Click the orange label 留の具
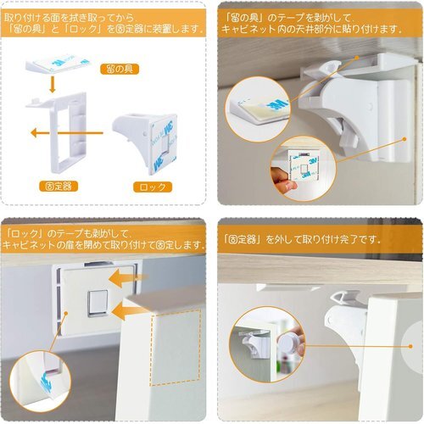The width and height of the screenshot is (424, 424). click(x=120, y=69)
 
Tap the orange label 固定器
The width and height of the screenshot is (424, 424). click(x=59, y=187)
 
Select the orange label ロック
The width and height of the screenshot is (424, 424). click(x=153, y=187)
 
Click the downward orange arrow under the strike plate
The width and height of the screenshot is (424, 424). click(x=52, y=84)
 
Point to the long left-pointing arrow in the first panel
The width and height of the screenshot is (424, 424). click(x=67, y=132)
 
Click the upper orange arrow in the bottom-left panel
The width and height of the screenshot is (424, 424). click(x=129, y=278)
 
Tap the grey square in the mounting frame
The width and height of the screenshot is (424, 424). click(x=98, y=304)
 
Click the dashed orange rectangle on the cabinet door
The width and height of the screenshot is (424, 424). click(x=176, y=348)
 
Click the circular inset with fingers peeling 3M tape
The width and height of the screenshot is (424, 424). click(x=303, y=169)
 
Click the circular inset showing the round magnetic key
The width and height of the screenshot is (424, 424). click(x=267, y=344)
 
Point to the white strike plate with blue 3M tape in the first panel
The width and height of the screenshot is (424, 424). click(x=57, y=66)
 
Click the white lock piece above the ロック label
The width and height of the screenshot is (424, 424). click(x=145, y=142)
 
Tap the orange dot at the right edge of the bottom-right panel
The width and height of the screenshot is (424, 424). click(x=410, y=346)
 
